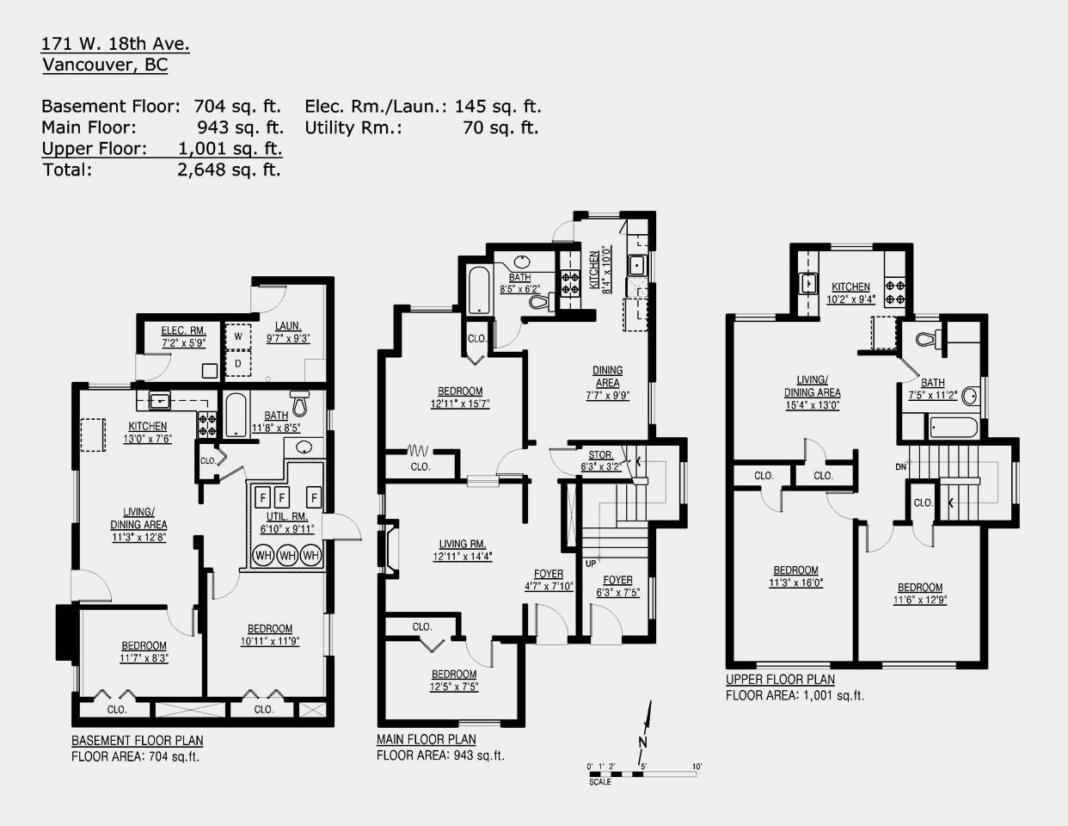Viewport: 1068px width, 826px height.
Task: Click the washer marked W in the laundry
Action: [238, 336]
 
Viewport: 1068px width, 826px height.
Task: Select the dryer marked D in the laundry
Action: [238, 363]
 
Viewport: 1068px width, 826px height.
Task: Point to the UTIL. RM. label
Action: [287, 516]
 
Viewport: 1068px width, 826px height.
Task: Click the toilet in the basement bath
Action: [300, 403]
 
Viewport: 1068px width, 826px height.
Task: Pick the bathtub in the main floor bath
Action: [478, 290]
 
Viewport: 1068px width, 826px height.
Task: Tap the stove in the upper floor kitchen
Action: [894, 292]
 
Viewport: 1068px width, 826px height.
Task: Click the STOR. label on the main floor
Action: [600, 455]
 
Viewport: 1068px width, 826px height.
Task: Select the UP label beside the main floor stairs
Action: [591, 564]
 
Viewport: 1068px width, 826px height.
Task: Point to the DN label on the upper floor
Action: [901, 467]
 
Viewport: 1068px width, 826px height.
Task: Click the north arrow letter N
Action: [642, 742]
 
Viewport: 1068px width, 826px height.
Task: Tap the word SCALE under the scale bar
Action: [600, 782]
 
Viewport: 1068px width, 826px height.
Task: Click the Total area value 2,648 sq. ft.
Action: [229, 170]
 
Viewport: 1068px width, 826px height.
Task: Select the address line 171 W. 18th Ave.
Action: [115, 44]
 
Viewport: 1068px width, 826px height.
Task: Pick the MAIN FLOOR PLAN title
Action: [427, 739]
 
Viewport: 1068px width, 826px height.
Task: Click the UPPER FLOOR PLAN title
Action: [781, 680]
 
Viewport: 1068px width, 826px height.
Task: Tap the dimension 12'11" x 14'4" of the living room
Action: [463, 557]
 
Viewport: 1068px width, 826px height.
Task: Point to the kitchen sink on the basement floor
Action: [160, 401]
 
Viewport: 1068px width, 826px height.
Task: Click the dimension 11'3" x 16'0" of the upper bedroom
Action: [795, 583]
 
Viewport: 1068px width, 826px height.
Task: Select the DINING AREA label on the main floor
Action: [607, 377]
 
